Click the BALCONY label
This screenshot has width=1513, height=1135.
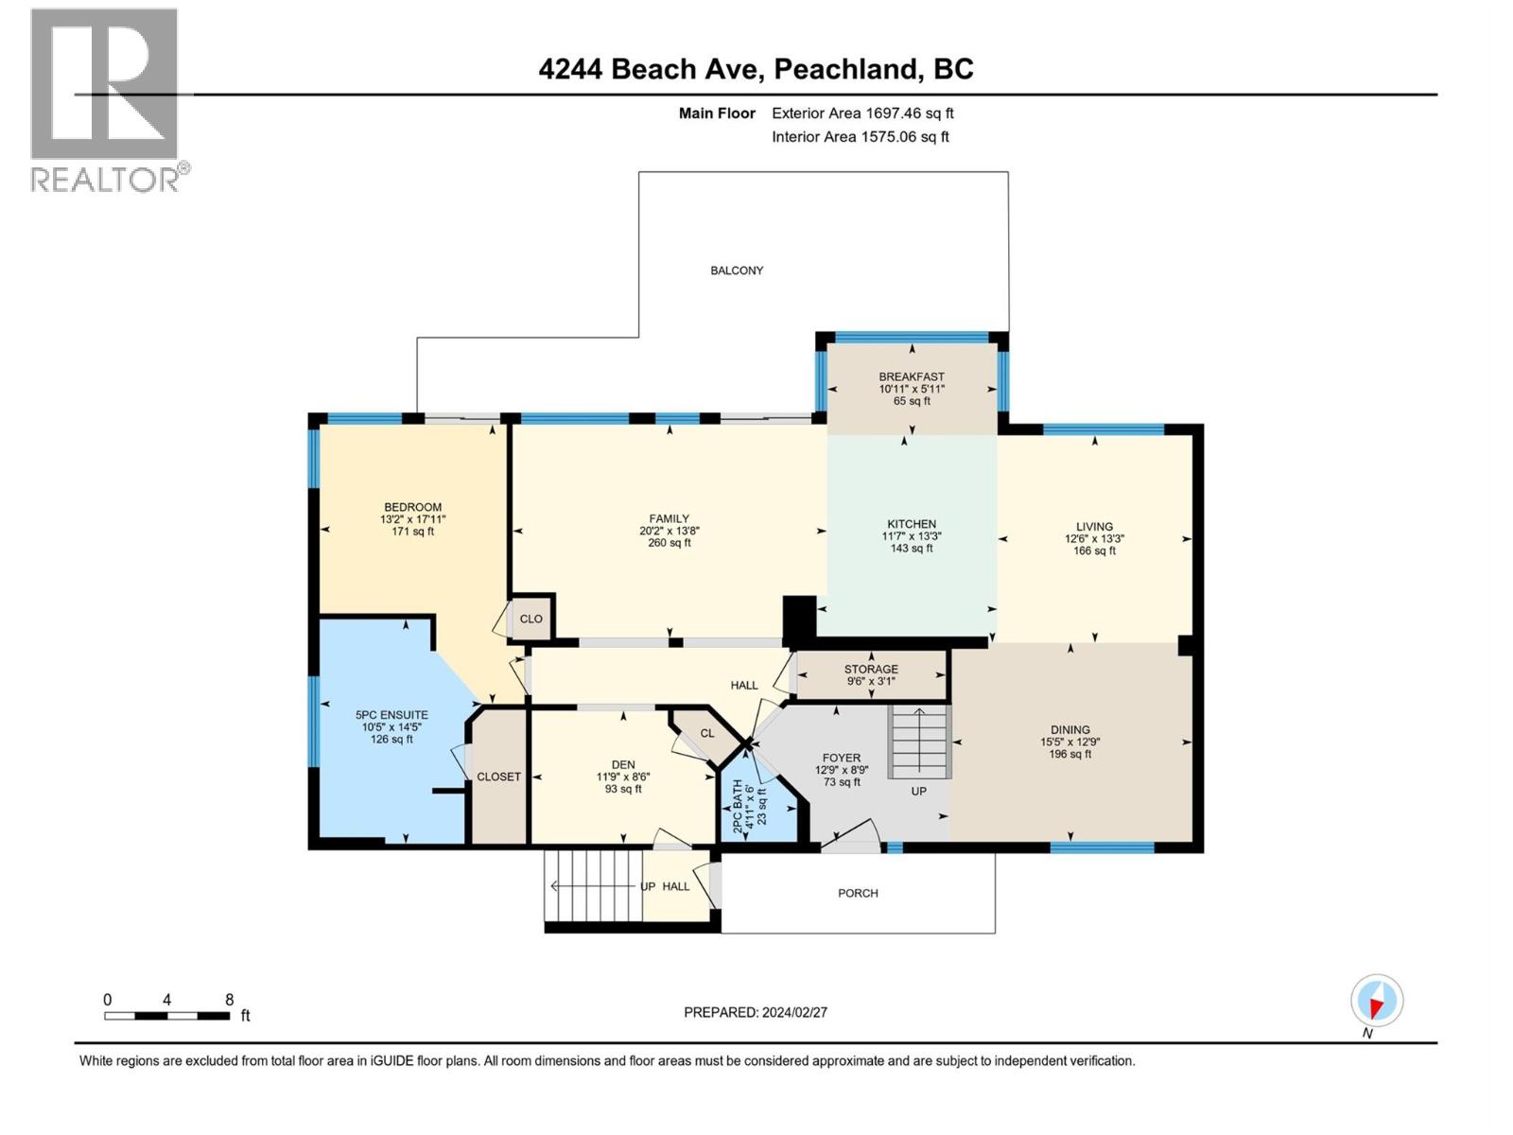737,271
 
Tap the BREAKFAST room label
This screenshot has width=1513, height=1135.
912,376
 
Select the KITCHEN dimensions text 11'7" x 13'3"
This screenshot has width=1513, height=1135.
912,536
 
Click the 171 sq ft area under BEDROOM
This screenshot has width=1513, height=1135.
412,532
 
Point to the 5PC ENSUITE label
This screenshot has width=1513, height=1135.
391,715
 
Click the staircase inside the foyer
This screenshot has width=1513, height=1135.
919,742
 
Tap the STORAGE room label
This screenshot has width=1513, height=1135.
871,669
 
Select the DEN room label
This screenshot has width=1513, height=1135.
623,764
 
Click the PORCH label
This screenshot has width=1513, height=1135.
858,893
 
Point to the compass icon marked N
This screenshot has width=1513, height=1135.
1377,1001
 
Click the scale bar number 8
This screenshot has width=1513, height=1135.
229,1000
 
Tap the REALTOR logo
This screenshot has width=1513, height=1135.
106,99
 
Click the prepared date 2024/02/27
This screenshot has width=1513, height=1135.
794,1012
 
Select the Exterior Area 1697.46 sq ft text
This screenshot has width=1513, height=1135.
862,113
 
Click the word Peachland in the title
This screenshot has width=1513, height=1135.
846,69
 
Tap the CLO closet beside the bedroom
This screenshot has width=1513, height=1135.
531,619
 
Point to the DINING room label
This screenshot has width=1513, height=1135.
1070,729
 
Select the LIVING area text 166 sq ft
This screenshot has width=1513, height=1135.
1094,550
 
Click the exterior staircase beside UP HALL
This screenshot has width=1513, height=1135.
593,885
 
